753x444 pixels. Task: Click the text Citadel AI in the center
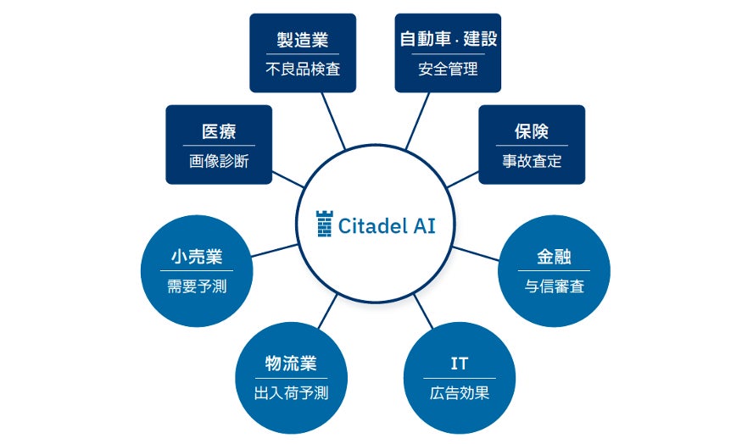click(386, 225)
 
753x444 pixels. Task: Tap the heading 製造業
click(303, 39)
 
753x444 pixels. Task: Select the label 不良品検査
click(303, 69)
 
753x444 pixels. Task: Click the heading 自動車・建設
click(448, 39)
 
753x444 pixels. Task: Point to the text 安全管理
click(448, 69)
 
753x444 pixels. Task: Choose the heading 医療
click(219, 131)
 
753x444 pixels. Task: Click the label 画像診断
click(219, 162)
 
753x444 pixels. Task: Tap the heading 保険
click(532, 131)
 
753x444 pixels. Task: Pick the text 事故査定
click(532, 162)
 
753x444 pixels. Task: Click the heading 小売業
click(197, 257)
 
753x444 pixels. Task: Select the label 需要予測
click(197, 286)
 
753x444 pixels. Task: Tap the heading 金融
click(555, 257)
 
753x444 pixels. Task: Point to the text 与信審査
click(555, 286)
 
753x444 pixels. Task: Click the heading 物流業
click(291, 364)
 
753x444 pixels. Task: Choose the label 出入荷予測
click(291, 393)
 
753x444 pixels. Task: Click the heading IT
click(460, 364)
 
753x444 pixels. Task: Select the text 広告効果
click(460, 393)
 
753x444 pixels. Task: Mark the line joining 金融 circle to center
click(477, 253)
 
